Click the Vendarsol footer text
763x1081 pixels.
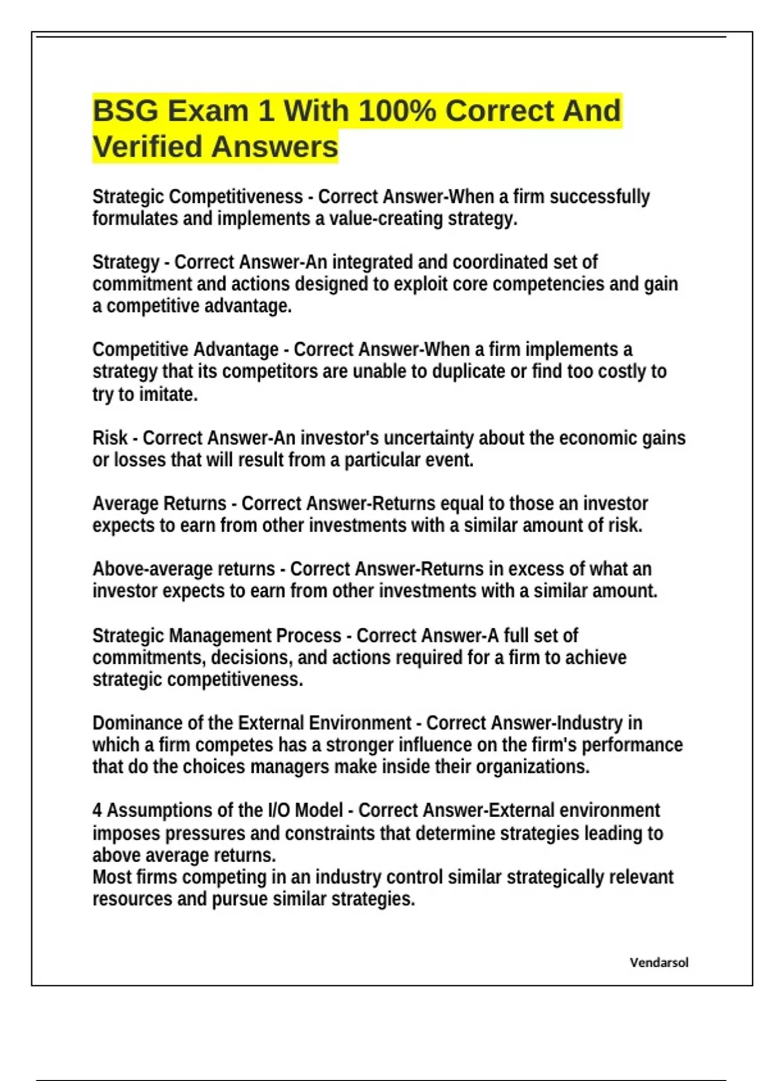[x=659, y=962]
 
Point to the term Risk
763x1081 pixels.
[x=110, y=438]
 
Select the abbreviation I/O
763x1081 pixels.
[x=278, y=811]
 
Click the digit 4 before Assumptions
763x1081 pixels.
[x=97, y=811]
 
